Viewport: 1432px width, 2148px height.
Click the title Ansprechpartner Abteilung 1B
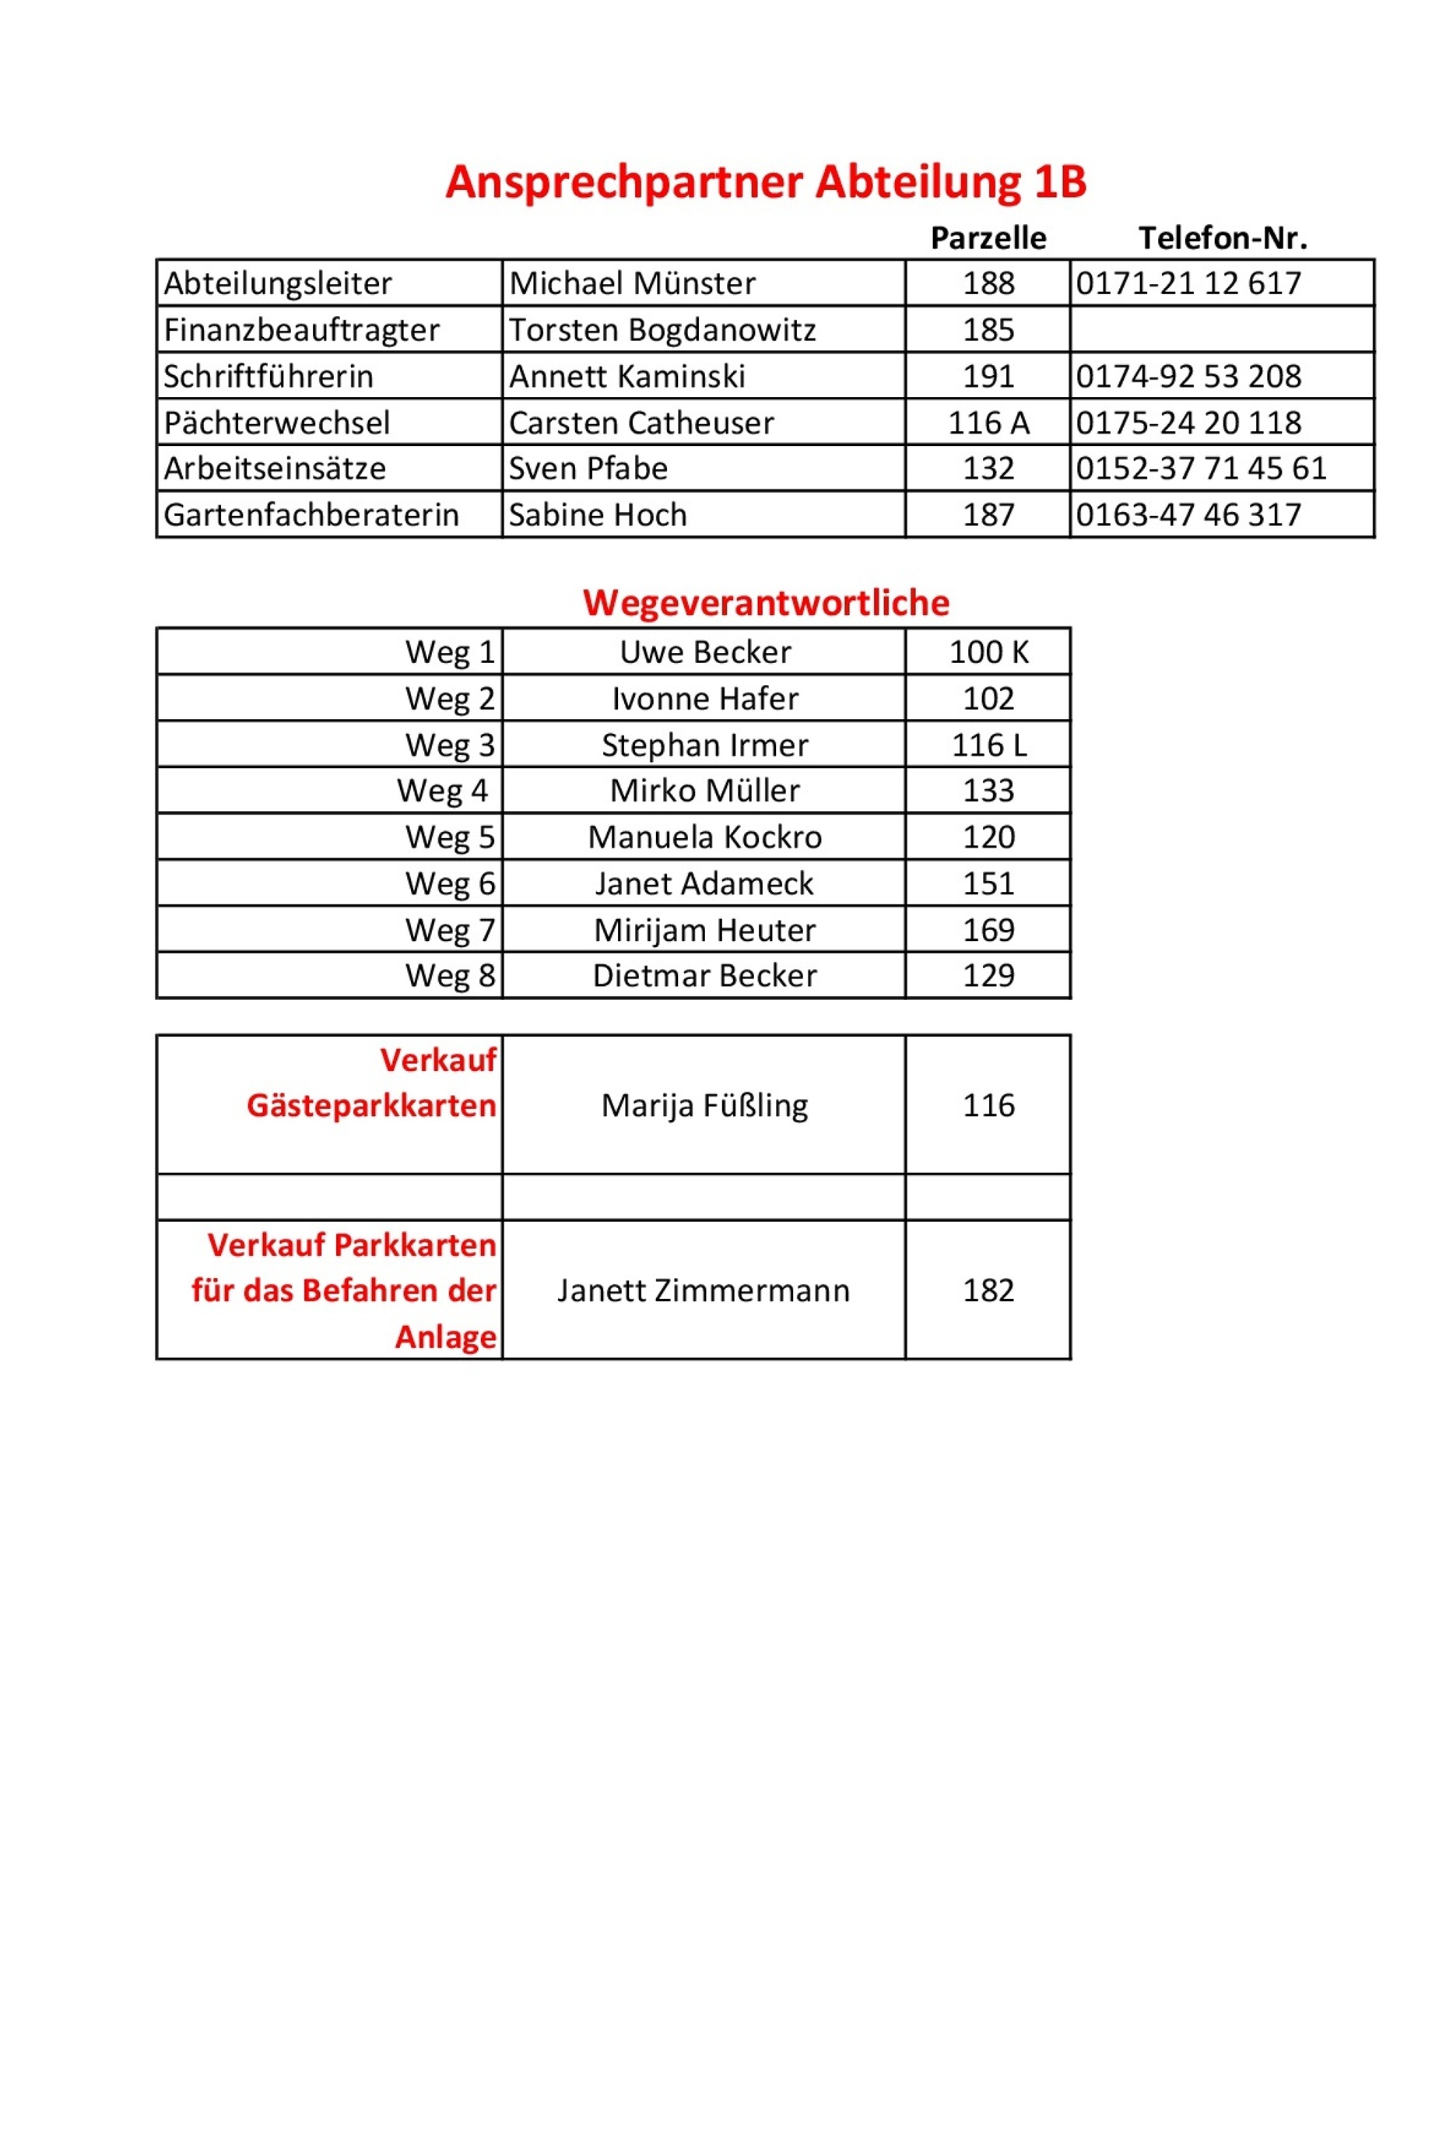(765, 182)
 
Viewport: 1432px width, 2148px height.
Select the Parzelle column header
(988, 238)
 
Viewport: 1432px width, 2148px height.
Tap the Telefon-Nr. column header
(1222, 238)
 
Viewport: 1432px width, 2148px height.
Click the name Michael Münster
(632, 283)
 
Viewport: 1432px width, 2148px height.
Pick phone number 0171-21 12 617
(1188, 283)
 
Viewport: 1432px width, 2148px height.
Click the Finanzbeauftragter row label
(301, 330)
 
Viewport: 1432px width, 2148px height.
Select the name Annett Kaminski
(626, 376)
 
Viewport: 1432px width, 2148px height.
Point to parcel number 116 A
(988, 423)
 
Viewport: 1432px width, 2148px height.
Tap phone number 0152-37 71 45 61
(1201, 469)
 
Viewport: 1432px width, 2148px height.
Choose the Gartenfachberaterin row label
(311, 515)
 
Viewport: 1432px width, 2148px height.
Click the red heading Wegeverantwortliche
(765, 602)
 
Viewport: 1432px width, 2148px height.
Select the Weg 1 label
(451, 652)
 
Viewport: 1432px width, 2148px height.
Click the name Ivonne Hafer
(704, 699)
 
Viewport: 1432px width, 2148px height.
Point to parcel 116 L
(988, 746)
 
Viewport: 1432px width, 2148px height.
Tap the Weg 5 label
(451, 837)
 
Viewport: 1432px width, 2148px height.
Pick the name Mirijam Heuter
(704, 931)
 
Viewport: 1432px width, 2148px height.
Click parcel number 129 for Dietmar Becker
(988, 976)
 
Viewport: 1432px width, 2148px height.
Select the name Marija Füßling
(704, 1106)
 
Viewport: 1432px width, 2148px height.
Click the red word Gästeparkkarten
(370, 1106)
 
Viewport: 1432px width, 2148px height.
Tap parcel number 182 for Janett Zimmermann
(988, 1290)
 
